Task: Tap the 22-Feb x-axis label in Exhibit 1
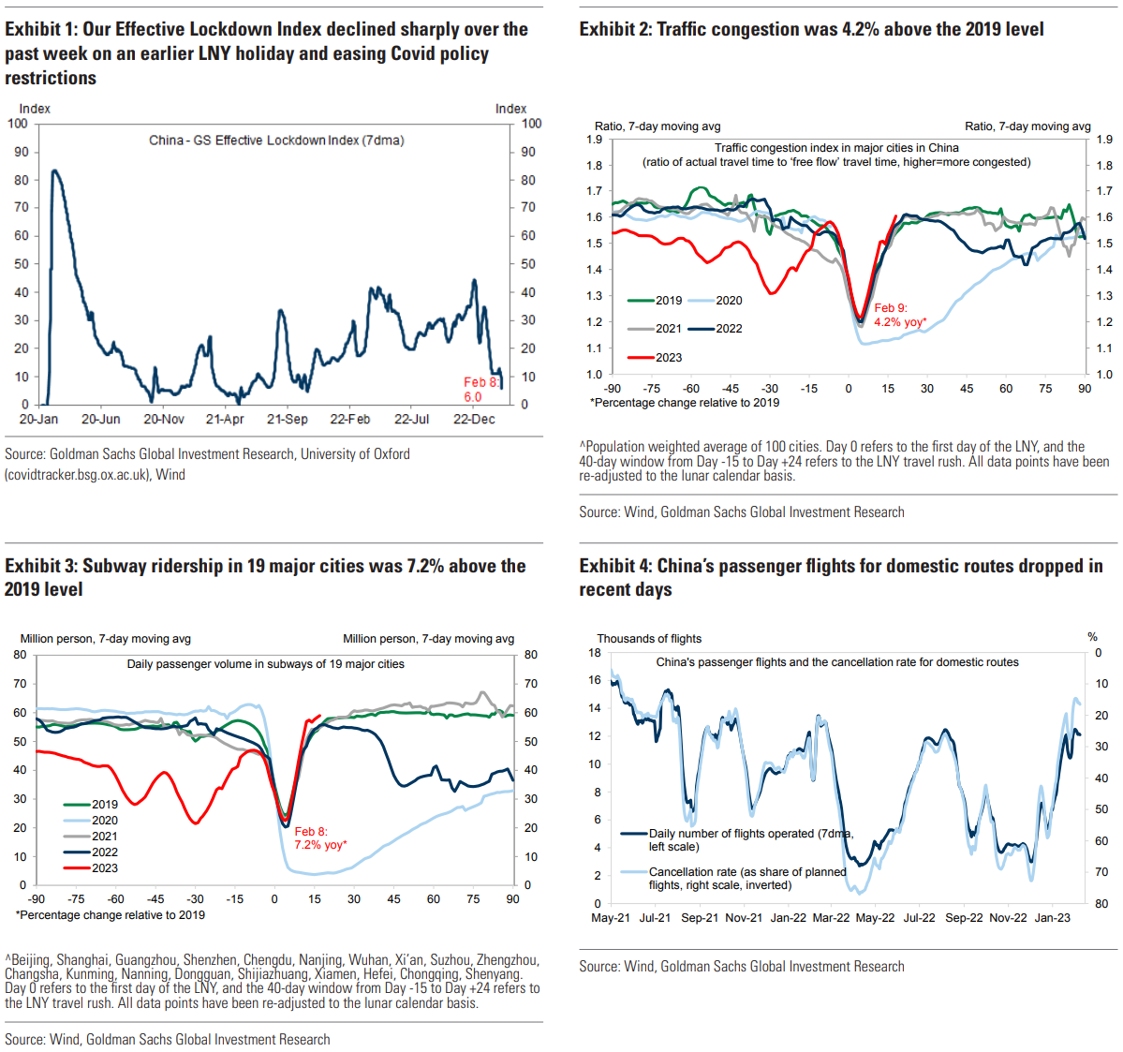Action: click(x=349, y=420)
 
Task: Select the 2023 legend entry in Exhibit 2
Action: click(x=656, y=358)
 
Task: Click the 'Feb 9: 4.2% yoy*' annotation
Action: click(x=899, y=315)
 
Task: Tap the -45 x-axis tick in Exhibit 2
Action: click(x=731, y=389)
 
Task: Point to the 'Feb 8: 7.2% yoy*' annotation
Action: click(x=320, y=838)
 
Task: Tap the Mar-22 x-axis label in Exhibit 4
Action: click(x=831, y=918)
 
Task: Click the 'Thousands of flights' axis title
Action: click(x=649, y=639)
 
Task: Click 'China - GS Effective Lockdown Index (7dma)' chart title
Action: click(x=276, y=141)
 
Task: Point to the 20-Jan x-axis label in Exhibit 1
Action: click(x=38, y=420)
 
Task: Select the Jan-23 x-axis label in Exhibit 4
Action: click(x=1052, y=918)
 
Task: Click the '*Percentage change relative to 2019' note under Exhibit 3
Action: click(x=110, y=915)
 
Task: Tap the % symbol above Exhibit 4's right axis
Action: click(x=1092, y=637)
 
